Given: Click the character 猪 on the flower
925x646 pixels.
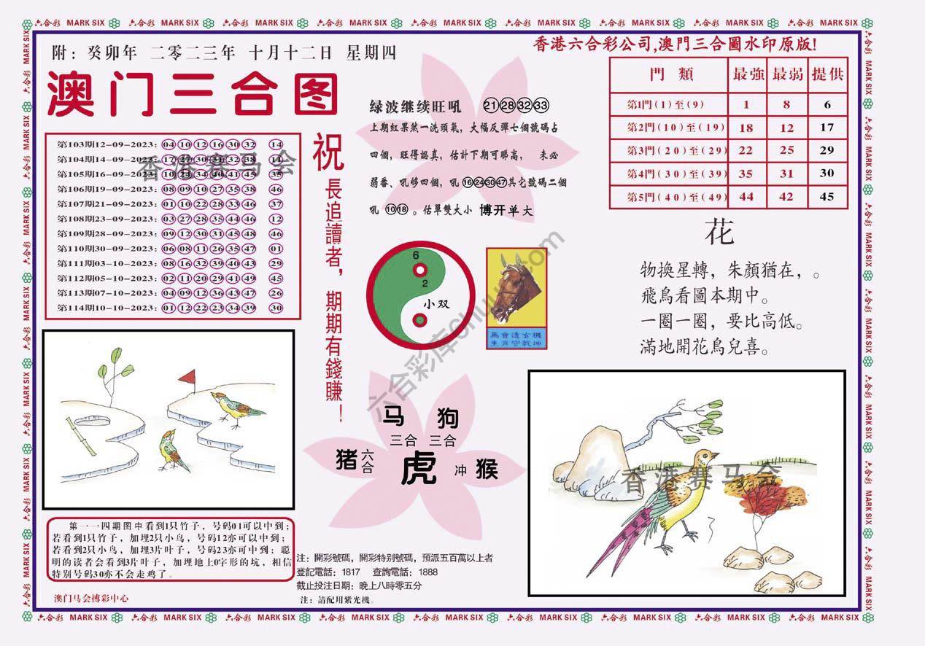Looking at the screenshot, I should [x=345, y=459].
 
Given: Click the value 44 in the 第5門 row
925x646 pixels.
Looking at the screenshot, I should [x=746, y=196].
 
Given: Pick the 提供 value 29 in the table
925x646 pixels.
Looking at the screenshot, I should [x=827, y=150].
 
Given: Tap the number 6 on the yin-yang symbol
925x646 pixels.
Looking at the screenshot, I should [x=415, y=256].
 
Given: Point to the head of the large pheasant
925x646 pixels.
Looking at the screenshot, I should [x=705, y=457].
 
